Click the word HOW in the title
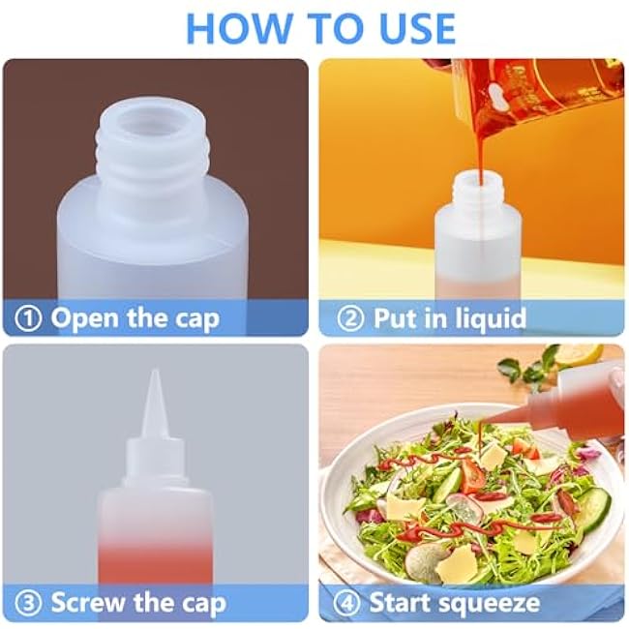coord(239,28)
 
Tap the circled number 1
coord(28,319)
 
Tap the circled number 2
coord(350,318)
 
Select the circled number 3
coord(28,604)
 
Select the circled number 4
coord(347,604)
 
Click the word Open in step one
coord(85,319)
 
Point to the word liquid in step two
coord(490,317)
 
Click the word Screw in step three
coord(88,603)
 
